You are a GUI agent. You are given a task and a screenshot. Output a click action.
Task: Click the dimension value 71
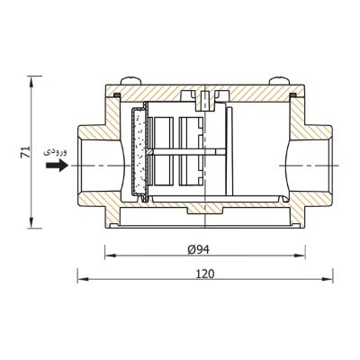[26, 152]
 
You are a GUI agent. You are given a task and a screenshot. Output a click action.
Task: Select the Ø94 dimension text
[199, 249]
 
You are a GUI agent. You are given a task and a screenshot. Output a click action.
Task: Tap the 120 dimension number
[205, 274]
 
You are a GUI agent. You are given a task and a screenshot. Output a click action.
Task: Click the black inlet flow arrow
[58, 166]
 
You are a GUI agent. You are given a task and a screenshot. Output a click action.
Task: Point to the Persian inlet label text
[55, 152]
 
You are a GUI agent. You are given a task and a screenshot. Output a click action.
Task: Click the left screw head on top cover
[130, 81]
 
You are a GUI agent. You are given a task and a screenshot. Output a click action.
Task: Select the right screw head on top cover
[279, 81]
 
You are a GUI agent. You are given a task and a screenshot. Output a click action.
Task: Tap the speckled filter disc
[139, 151]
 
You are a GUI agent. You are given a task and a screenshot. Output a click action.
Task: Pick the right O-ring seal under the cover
[293, 95]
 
